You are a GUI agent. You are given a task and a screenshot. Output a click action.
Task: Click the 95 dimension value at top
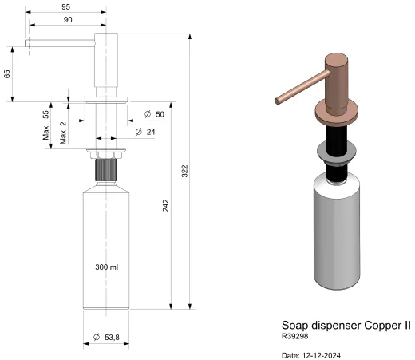pyautogui.click(x=65, y=6)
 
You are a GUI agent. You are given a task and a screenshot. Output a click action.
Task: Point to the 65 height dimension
pyautogui.click(x=7, y=73)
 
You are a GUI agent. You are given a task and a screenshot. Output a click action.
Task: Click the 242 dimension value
pyautogui.click(x=165, y=204)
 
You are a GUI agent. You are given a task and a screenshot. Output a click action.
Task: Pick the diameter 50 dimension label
pyautogui.click(x=155, y=115)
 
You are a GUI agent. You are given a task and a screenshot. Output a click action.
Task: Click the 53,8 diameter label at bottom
pyautogui.click(x=106, y=338)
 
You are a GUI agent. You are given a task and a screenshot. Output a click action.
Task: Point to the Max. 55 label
pyautogui.click(x=47, y=125)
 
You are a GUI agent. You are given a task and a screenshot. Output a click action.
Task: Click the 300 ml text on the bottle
pyautogui.click(x=106, y=266)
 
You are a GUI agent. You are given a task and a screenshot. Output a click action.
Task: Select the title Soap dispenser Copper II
pyautogui.click(x=346, y=326)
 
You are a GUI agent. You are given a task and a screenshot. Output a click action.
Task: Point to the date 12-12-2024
pyautogui.click(x=315, y=354)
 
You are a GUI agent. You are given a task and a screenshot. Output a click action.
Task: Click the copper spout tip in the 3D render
pyautogui.click(x=277, y=101)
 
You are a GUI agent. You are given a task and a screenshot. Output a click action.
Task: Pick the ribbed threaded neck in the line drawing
pyautogui.click(x=106, y=170)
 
